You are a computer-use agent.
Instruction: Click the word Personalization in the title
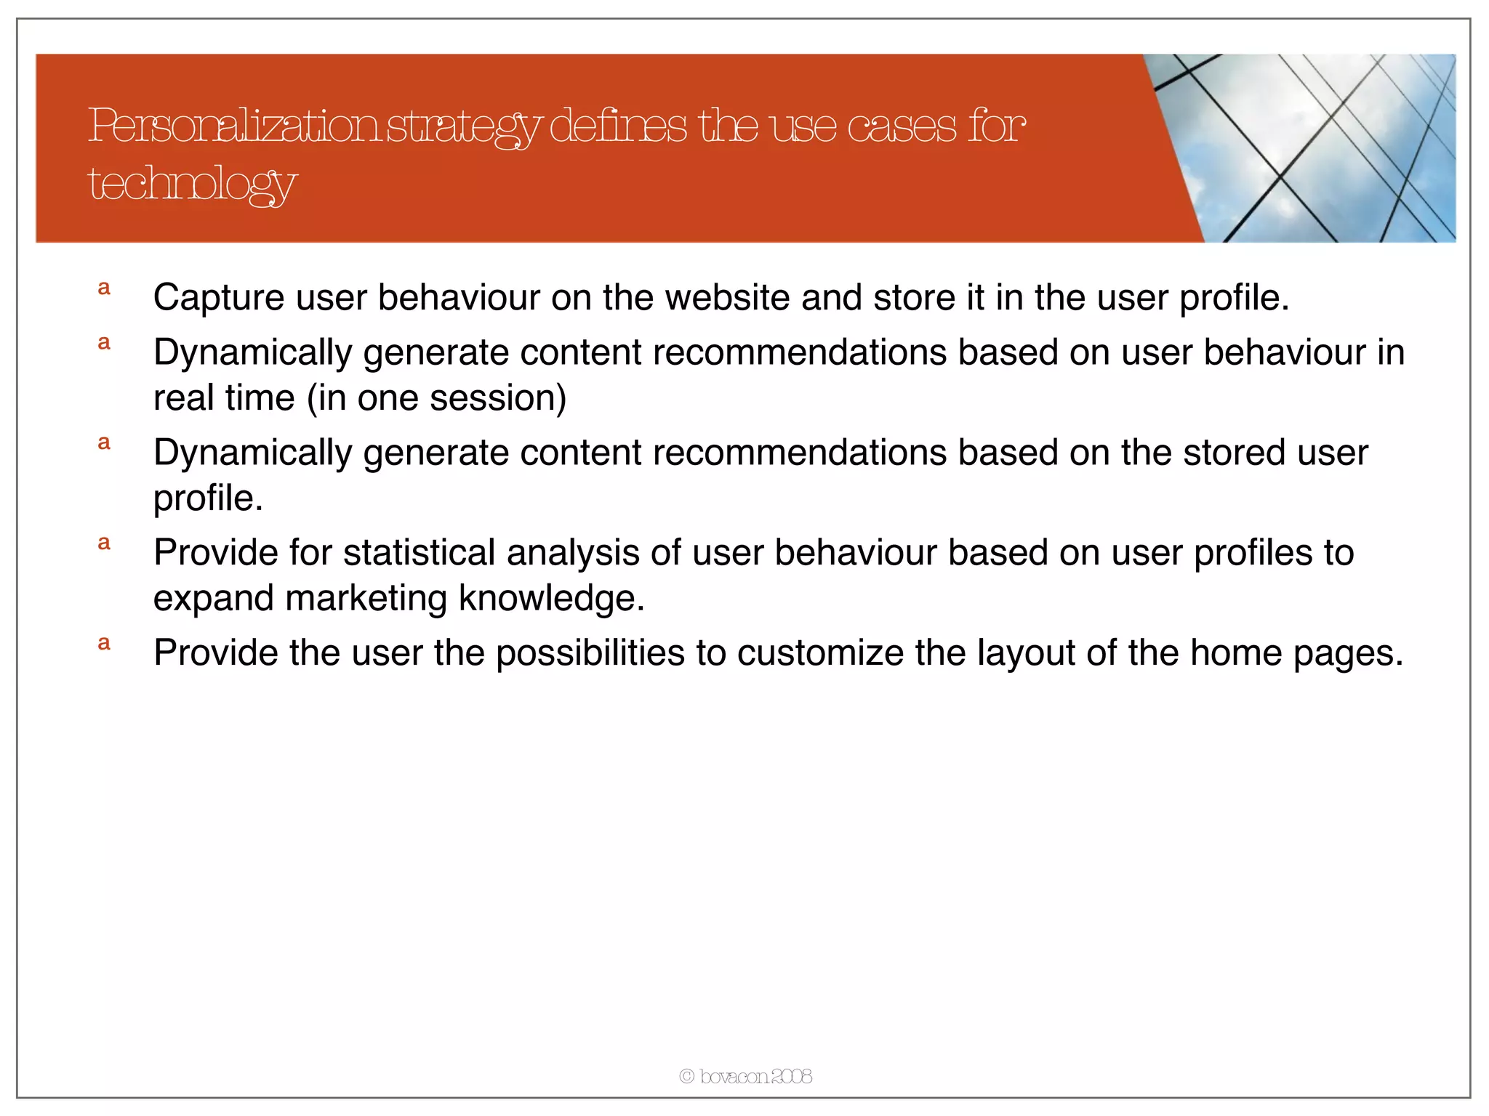pyautogui.click(x=233, y=126)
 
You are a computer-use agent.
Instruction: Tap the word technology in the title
pyautogui.click(x=192, y=184)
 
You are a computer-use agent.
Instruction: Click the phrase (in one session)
pyautogui.click(x=436, y=398)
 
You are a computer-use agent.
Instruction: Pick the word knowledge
pyautogui.click(x=551, y=599)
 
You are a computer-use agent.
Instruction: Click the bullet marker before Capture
pyautogui.click(x=104, y=288)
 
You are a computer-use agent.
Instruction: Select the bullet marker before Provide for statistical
pyautogui.click(x=104, y=543)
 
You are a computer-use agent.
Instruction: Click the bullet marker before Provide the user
pyautogui.click(x=104, y=644)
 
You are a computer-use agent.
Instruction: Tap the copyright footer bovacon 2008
pyautogui.click(x=745, y=1076)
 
